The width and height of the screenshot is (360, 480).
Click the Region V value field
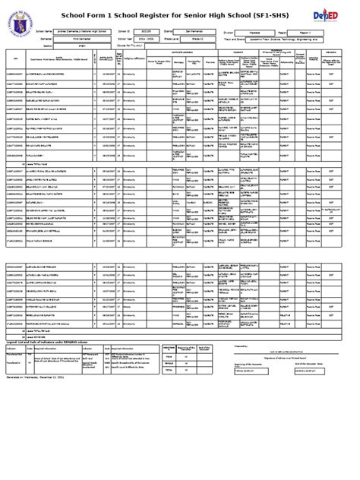[x=305, y=32]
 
